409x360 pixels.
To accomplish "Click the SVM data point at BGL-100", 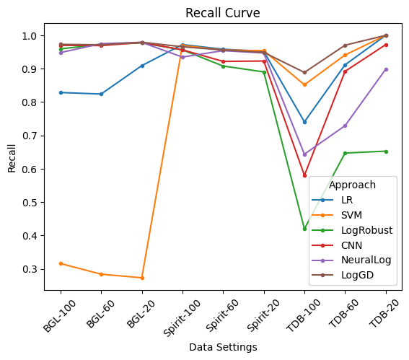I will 61,263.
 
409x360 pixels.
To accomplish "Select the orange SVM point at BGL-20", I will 142,278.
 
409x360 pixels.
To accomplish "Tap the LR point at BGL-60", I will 101,94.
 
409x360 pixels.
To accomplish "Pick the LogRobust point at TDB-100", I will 304,229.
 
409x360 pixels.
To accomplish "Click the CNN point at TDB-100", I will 304,175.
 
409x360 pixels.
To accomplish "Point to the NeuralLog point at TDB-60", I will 345,126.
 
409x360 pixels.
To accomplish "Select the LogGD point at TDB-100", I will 304,72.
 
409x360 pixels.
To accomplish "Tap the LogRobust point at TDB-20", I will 386,151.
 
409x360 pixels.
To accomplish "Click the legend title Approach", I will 352,185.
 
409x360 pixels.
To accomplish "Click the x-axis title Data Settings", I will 223,347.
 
